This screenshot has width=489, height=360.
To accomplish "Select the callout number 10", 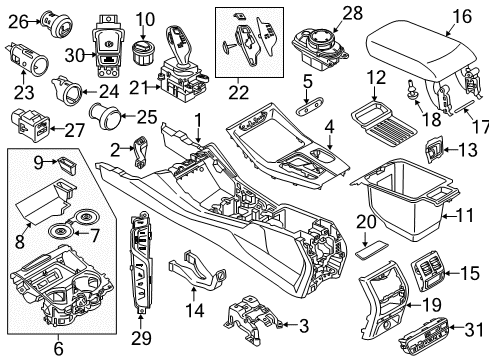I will (145, 17).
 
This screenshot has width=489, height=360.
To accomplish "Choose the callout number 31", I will (469, 329).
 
